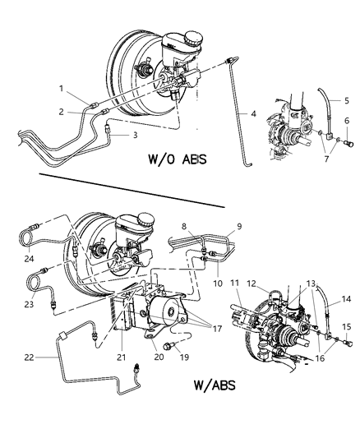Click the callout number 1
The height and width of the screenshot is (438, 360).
point(60,89)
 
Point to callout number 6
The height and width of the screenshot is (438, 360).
point(346,121)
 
